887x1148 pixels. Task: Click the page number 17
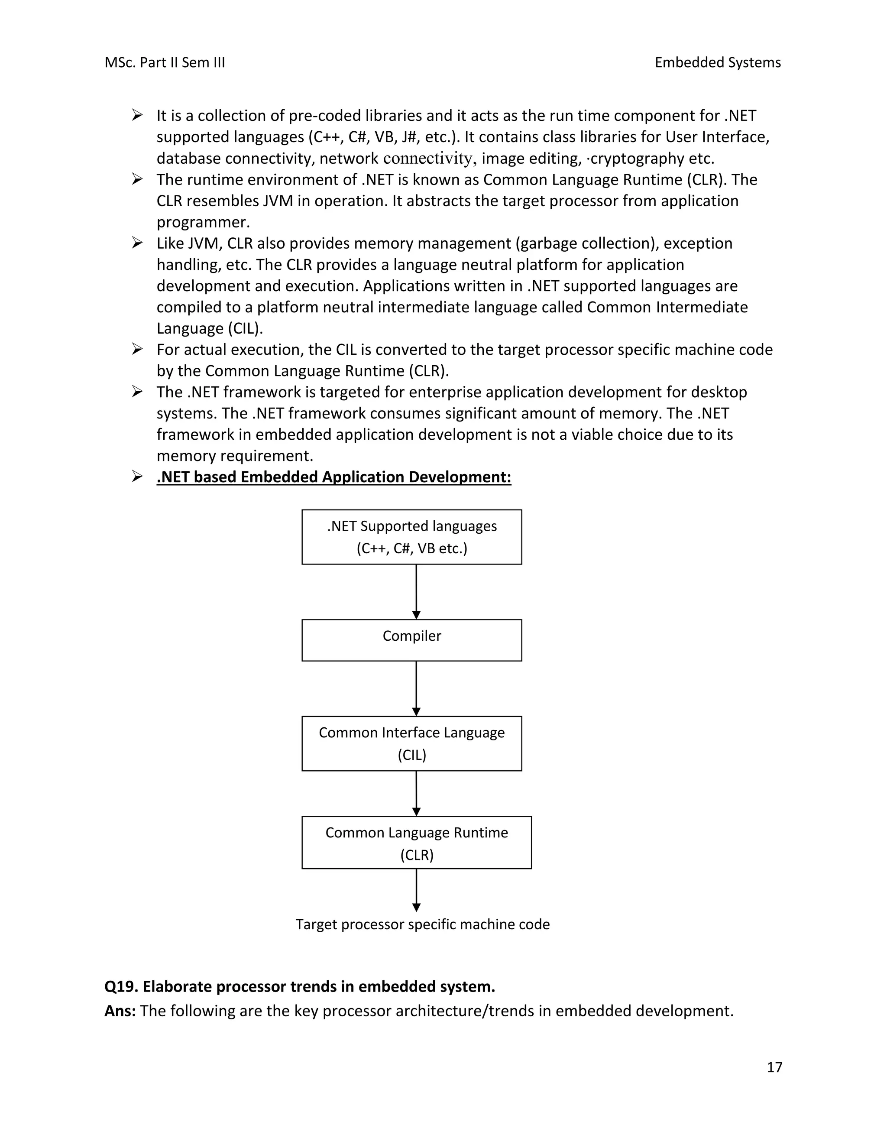click(774, 1067)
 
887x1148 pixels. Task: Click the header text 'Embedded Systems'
click(717, 62)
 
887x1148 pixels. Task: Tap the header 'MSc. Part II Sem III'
click(165, 62)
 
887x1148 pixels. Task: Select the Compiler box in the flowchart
click(411, 640)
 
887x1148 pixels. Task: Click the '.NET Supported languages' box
click(411, 537)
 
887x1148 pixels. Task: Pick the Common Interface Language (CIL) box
click(411, 743)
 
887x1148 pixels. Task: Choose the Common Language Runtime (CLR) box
click(416, 843)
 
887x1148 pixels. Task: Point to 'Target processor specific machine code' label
click(422, 924)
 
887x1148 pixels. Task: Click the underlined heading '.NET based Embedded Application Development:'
click(333, 477)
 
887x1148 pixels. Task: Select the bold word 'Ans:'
click(120, 1011)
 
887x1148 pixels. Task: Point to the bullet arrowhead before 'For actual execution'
click(137, 349)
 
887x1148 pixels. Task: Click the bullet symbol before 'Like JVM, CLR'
click(137, 243)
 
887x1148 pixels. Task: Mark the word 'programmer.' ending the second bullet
click(203, 222)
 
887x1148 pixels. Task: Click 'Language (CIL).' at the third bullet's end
click(209, 328)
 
